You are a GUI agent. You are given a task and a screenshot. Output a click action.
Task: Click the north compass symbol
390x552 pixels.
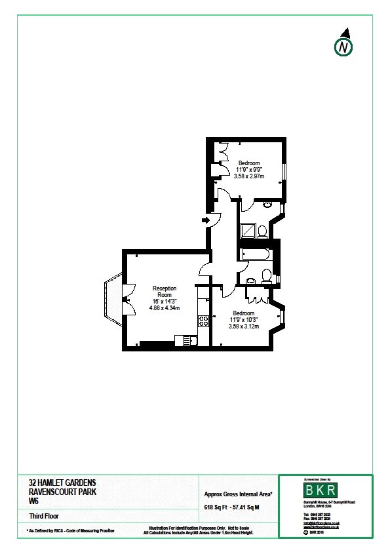343,46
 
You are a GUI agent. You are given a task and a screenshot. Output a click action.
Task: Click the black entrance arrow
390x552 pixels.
206,220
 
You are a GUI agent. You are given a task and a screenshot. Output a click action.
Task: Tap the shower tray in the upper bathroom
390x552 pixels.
248,230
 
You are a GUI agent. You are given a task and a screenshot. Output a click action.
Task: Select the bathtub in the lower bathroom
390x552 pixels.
256,254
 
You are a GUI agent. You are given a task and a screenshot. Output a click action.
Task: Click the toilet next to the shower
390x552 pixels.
262,231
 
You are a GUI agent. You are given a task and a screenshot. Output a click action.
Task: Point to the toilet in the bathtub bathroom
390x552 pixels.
267,275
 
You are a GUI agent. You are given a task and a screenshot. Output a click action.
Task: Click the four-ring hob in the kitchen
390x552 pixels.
203,321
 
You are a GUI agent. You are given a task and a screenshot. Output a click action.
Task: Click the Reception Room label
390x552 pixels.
165,292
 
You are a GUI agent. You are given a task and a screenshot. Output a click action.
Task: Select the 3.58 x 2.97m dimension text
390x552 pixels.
249,176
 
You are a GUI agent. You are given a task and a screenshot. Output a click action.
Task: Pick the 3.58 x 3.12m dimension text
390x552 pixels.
243,326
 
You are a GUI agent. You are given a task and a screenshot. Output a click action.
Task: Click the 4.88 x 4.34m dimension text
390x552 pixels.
165,307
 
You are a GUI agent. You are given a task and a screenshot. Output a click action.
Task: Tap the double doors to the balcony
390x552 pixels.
125,298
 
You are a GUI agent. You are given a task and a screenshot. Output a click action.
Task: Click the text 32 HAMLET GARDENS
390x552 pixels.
57,483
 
